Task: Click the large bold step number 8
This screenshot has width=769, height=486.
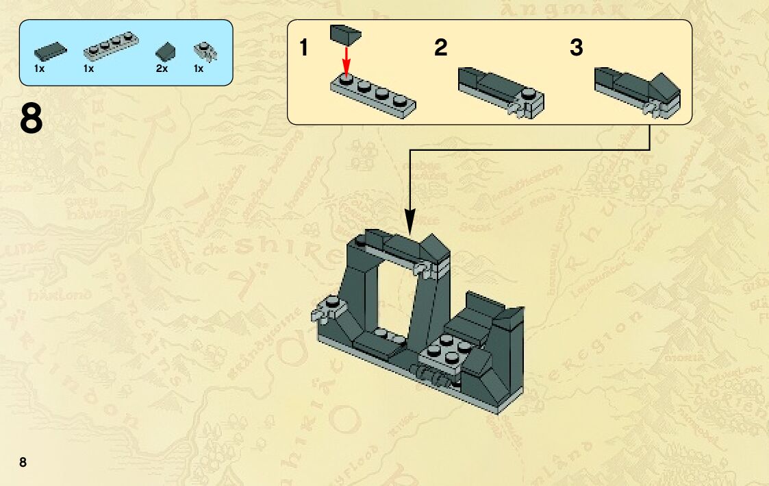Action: click(31, 119)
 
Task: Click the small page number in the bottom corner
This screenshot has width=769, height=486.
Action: click(23, 461)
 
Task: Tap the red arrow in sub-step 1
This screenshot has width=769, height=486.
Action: click(346, 60)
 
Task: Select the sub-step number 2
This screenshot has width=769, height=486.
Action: click(440, 48)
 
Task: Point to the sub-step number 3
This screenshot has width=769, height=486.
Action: click(577, 48)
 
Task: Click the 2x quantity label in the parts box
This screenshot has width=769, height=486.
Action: click(162, 69)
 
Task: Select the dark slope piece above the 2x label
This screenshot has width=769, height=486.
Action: click(165, 51)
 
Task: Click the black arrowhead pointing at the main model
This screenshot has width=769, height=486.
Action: click(410, 221)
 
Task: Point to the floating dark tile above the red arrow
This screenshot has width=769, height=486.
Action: click(345, 34)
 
